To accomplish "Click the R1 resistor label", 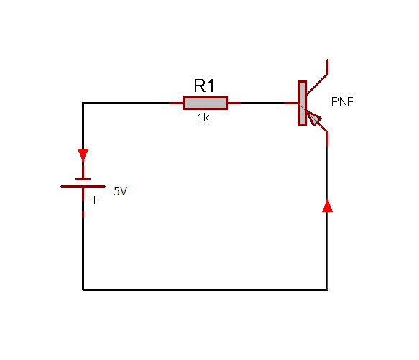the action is pyautogui.click(x=204, y=86).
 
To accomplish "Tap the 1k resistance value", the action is pyautogui.click(x=203, y=118).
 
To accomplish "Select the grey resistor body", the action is pyautogui.click(x=206, y=103).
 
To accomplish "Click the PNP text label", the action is pyautogui.click(x=343, y=101).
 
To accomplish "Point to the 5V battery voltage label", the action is pyautogui.click(x=121, y=191).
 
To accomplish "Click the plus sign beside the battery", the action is pyautogui.click(x=94, y=200).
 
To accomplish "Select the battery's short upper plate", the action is pyautogui.click(x=83, y=180).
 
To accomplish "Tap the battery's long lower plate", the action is pyautogui.click(x=83, y=187).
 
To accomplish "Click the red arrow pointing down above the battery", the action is pyautogui.click(x=83, y=154).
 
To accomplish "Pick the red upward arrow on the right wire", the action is pyautogui.click(x=327, y=206).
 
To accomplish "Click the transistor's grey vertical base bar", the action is pyautogui.click(x=303, y=103).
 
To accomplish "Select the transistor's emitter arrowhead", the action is pyautogui.click(x=314, y=118).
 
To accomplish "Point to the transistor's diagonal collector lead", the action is pyautogui.click(x=317, y=85).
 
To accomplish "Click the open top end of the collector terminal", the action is pyautogui.click(x=327, y=60).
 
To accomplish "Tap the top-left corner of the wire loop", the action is pyautogui.click(x=83, y=103).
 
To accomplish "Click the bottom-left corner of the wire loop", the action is pyautogui.click(x=83, y=290).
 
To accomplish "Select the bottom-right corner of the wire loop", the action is pyautogui.click(x=327, y=290).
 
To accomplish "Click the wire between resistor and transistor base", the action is pyautogui.click(x=262, y=103).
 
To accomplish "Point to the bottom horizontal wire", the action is pyautogui.click(x=206, y=290).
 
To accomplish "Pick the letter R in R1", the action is pyautogui.click(x=199, y=86).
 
